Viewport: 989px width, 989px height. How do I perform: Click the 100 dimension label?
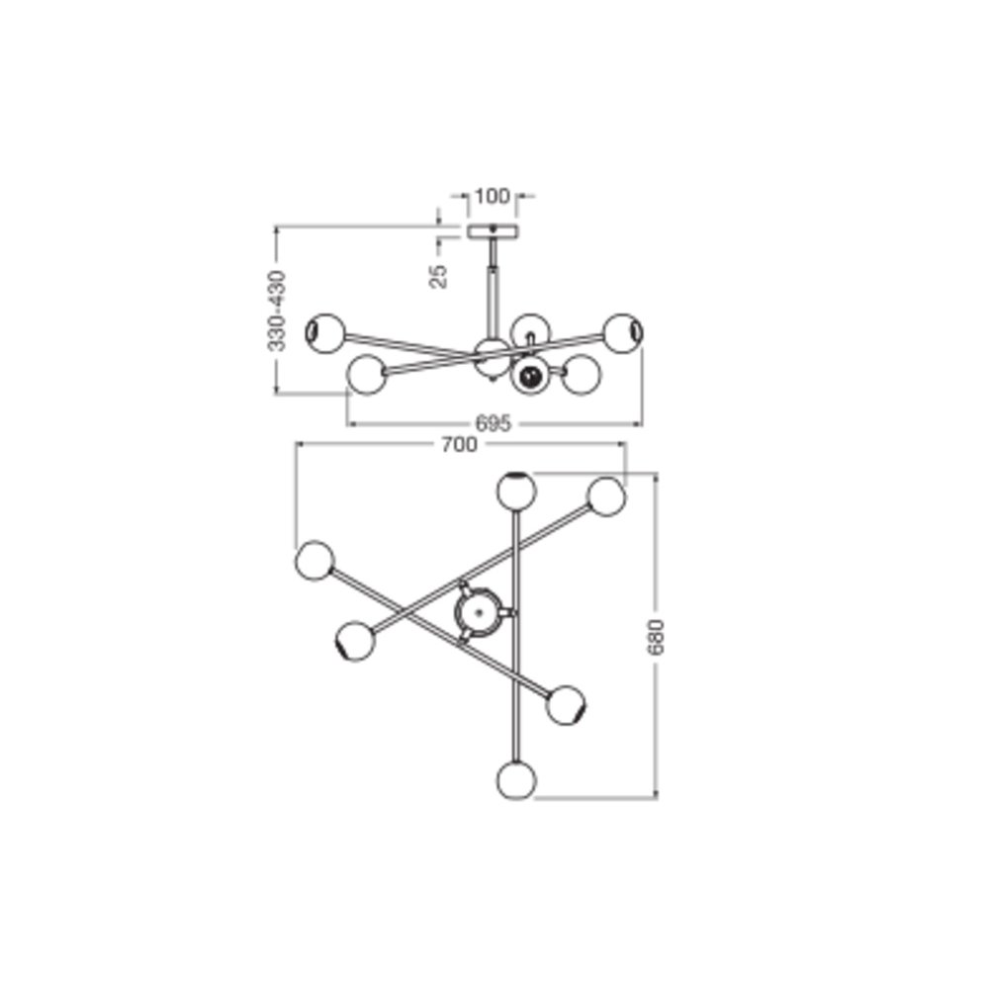[492, 196]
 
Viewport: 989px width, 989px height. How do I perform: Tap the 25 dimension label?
[438, 276]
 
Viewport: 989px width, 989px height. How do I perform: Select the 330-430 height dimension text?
[276, 311]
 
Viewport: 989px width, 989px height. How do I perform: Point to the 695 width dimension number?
[493, 423]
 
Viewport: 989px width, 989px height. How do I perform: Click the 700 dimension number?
[459, 445]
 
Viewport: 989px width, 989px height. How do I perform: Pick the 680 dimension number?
[657, 637]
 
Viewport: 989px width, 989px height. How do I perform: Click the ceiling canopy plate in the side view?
[493, 230]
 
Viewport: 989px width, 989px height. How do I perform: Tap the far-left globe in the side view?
[325, 332]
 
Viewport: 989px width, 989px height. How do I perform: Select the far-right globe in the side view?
[624, 333]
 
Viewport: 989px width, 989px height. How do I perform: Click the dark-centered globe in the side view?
[530, 377]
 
